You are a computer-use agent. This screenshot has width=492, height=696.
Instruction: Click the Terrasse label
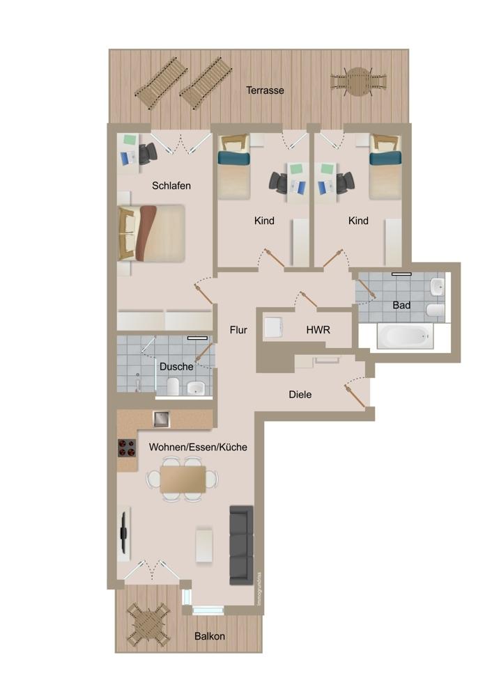[265, 90]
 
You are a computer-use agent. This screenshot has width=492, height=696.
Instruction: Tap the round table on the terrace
[358, 81]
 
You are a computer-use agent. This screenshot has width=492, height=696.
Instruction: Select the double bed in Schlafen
[152, 233]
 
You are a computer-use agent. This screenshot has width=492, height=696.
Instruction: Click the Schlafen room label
[171, 186]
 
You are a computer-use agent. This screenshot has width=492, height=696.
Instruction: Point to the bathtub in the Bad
[405, 335]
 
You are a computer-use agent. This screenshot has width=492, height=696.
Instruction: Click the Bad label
[401, 306]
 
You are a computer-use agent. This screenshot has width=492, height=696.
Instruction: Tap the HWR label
[318, 330]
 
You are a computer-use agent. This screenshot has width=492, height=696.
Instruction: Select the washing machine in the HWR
[274, 328]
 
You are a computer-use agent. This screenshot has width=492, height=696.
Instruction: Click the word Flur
[238, 330]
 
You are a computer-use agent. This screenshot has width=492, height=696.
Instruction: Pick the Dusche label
[176, 367]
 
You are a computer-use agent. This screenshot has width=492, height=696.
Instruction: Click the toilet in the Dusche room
[173, 386]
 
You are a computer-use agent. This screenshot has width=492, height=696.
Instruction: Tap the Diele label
[300, 394]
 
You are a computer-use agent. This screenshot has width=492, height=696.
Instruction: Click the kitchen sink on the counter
[161, 419]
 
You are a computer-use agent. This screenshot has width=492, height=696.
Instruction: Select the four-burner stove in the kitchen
[127, 448]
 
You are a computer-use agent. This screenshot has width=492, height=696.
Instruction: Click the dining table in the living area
[183, 479]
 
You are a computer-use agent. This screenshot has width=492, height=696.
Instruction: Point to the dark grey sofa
[241, 545]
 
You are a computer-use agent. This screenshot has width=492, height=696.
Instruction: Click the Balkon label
[209, 636]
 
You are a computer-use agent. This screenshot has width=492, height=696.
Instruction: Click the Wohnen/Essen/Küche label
[198, 447]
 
